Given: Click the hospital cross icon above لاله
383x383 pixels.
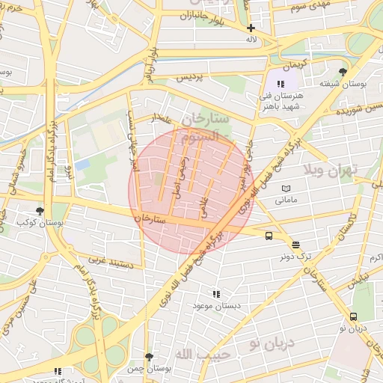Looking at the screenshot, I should (x=251, y=28).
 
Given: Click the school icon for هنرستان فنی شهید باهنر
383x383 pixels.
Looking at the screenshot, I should (x=281, y=84).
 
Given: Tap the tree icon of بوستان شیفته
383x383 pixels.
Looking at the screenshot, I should (x=343, y=72).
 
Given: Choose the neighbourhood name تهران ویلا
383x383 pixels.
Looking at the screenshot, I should (x=332, y=170).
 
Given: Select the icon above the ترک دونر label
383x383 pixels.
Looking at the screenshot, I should (x=295, y=244).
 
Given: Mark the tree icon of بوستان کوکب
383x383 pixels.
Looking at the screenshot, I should (x=40, y=212).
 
